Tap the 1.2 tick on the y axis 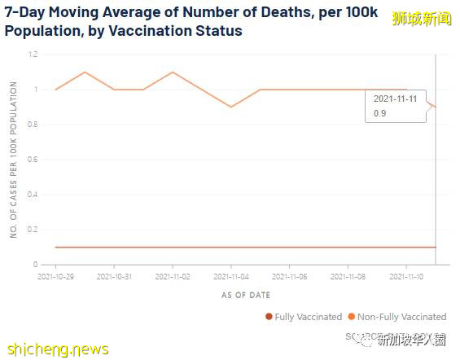tap(33, 55)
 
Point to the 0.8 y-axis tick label tap(33, 125)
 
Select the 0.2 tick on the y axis tap(33, 230)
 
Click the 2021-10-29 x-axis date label tap(55, 277)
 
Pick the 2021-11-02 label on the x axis tap(173, 277)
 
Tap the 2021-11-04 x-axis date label tap(231, 277)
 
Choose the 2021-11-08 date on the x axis tap(348, 277)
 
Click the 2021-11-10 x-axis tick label tap(406, 277)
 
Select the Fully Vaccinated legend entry tap(304, 317)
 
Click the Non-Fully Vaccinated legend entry tap(401, 317)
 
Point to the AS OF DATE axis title tap(245, 295)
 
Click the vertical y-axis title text tap(14, 160)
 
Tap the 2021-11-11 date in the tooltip tap(394, 99)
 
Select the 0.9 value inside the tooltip tap(379, 113)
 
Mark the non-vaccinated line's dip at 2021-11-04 tap(231, 107)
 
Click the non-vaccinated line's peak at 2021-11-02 tap(173, 72)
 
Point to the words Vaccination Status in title tap(180, 32)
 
